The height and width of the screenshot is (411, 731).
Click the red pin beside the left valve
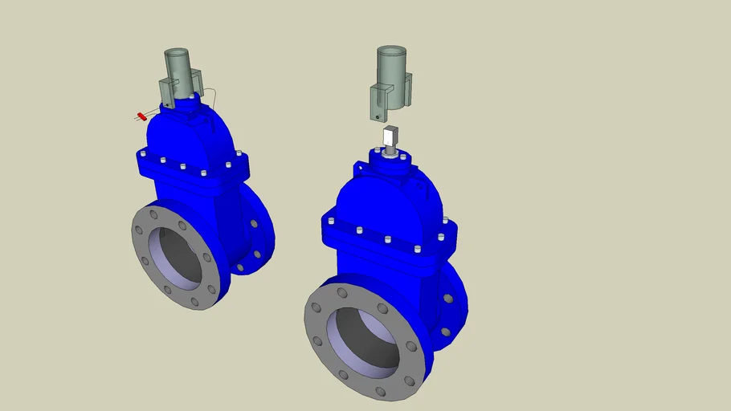coord(142,116)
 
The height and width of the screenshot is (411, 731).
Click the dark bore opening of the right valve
coord(366,337)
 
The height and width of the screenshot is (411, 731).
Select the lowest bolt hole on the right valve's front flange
coord(381,392)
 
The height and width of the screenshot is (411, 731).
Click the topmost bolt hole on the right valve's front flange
coord(342,293)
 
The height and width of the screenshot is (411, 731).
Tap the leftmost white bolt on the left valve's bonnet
coord(142,154)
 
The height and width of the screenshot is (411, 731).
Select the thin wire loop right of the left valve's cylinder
coord(210,98)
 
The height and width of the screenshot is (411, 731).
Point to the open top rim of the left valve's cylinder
coord(176,52)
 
